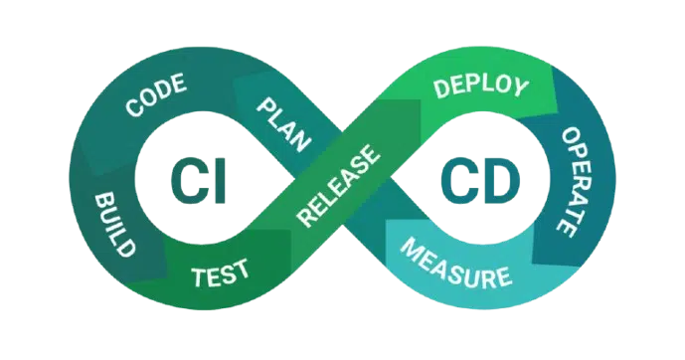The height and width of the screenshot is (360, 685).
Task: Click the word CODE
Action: point(156,94)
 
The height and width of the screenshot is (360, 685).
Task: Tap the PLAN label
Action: point(283,124)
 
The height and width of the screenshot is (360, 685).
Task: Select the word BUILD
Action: point(114,224)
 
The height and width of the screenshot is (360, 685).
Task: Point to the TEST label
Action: point(220,272)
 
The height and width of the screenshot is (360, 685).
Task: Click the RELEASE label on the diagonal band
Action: point(337,186)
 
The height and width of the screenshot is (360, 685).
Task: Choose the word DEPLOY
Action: point(481,87)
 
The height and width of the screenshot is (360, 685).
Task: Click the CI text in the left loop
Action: point(198,181)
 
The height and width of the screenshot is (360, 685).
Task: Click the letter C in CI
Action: point(188,181)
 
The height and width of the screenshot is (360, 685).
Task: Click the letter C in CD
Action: point(458,181)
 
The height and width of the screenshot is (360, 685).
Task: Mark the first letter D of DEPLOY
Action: point(441,90)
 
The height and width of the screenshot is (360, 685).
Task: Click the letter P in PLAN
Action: point(265,106)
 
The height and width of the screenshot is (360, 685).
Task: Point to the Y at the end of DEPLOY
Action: point(520,87)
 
